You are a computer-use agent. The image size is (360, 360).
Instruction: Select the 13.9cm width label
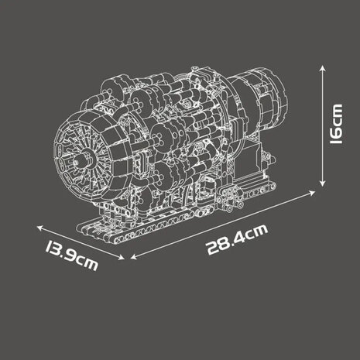[x=71, y=255]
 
